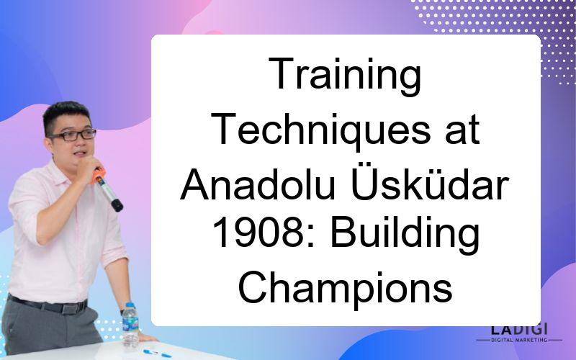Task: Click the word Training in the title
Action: pyautogui.click(x=345, y=75)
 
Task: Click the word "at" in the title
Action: pyautogui.click(x=462, y=131)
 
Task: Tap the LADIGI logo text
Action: pyautogui.click(x=519, y=329)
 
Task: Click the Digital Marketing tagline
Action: pyautogui.click(x=519, y=340)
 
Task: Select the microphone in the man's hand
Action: pyautogui.click(x=107, y=189)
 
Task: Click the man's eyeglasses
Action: pyautogui.click(x=73, y=135)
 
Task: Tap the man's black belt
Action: pyautogui.click(x=48, y=305)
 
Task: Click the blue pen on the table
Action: pyautogui.click(x=157, y=354)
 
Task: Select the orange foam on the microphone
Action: pyautogui.click(x=98, y=175)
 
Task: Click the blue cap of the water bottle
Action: pyautogui.click(x=130, y=305)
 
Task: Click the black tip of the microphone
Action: pyautogui.click(x=117, y=205)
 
